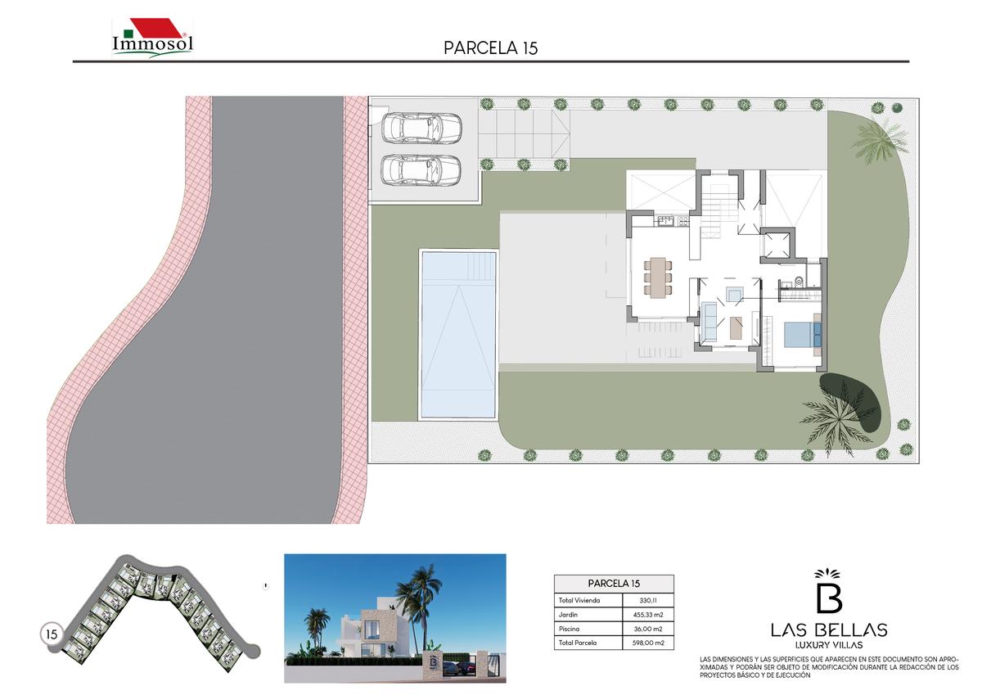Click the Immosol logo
pos(152,38)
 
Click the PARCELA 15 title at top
pos(490,48)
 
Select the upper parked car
pos(421,128)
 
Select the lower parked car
pos(421,169)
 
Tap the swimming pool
pos(458,335)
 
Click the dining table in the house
pos(658,278)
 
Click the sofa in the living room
pos(709,322)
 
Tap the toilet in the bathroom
pos(798,279)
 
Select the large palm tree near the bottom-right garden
pos(839,421)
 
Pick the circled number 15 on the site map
pos(52,634)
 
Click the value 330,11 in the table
pos(648,600)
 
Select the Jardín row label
pos(568,614)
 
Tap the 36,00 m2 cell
pos(648,629)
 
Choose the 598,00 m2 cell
pos(648,643)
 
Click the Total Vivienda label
pos(579,600)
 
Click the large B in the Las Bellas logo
pos(828,598)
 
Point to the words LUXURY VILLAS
pos(828,645)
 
